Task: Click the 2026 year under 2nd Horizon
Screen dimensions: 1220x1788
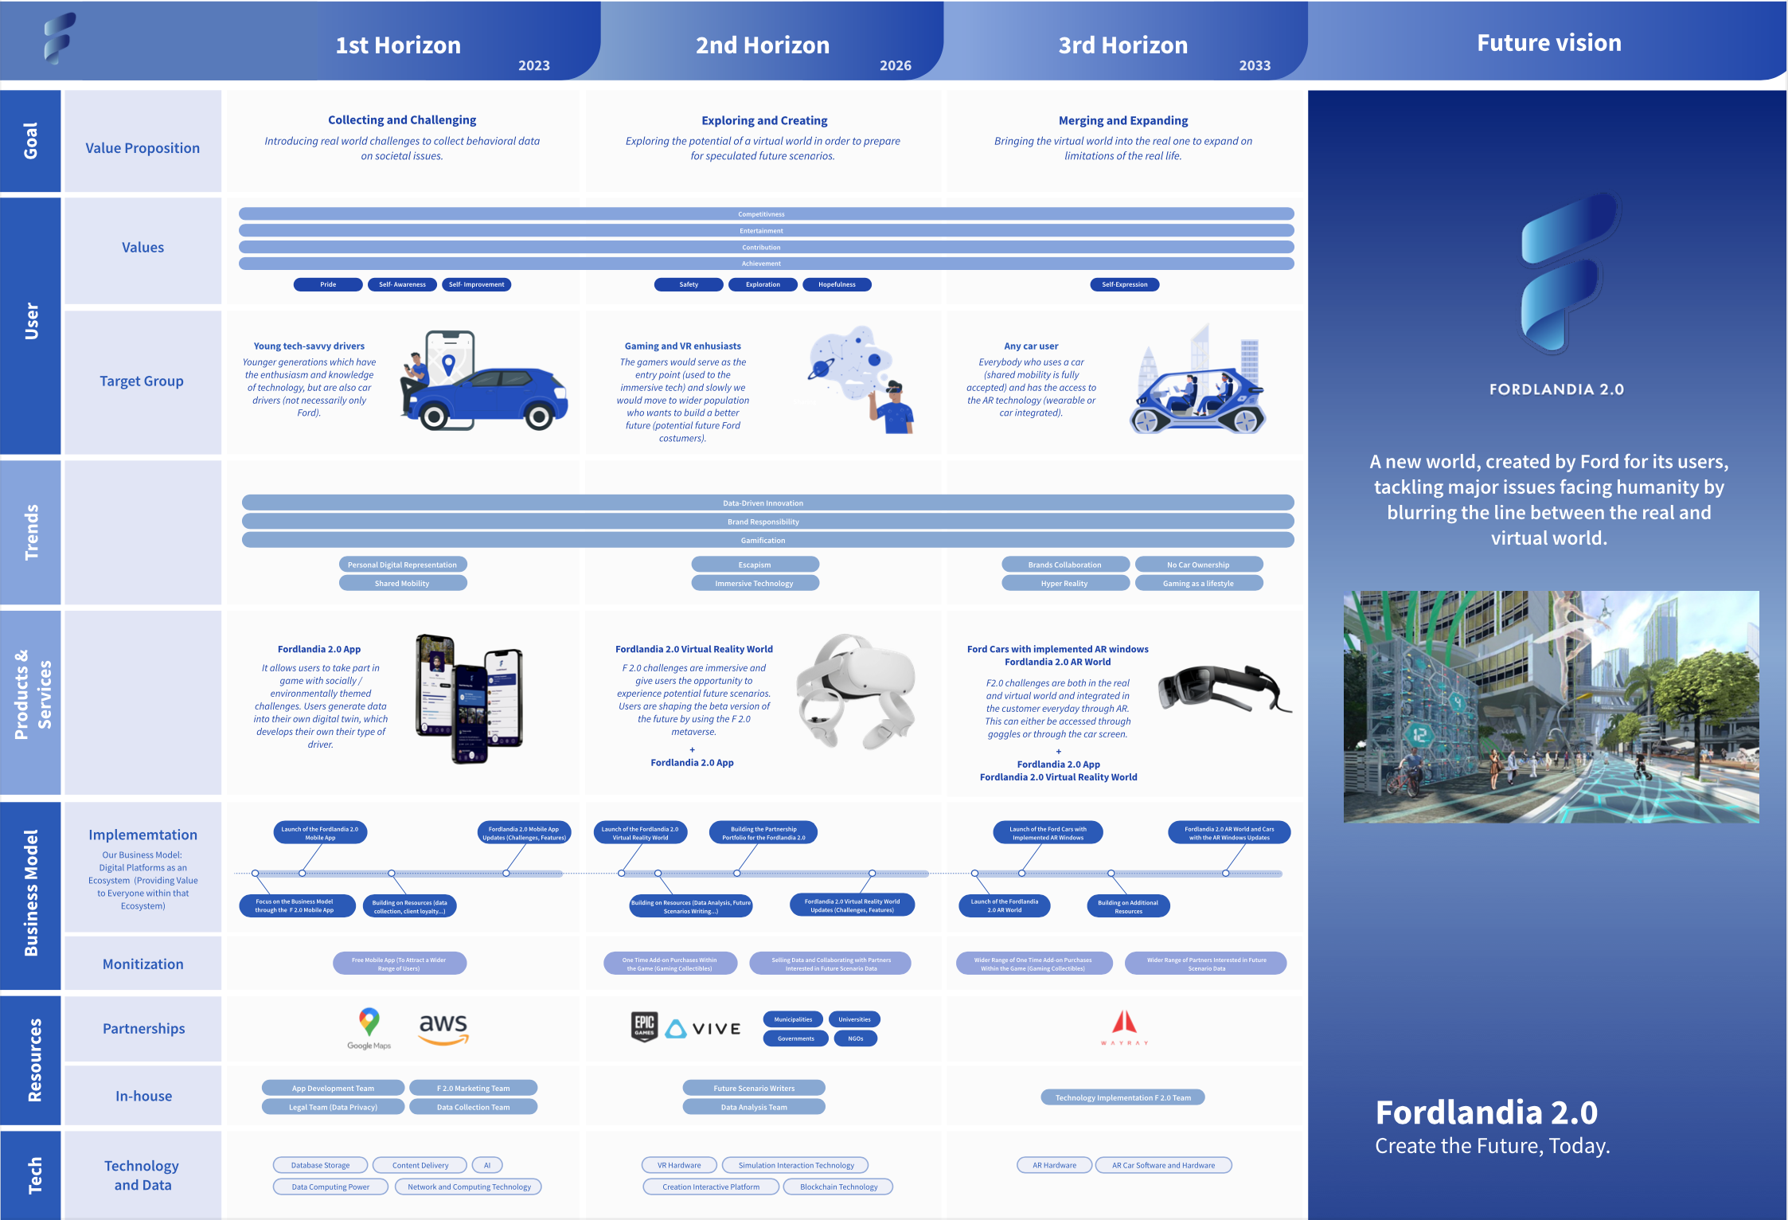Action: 895,65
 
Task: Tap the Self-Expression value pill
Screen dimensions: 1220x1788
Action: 1124,284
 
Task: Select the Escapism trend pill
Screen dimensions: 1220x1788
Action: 755,565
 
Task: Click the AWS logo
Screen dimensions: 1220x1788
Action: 443,1027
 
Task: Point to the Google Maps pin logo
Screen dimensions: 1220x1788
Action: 369,1022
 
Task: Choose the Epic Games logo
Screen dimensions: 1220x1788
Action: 644,1026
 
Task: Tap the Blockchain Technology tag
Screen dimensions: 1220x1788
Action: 838,1187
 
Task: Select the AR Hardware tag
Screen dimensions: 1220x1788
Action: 1054,1165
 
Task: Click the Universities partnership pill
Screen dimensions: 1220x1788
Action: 854,1019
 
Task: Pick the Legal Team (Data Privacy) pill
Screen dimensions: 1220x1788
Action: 333,1107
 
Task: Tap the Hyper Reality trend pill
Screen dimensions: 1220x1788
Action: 1064,584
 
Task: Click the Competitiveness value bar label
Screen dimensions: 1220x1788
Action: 761,214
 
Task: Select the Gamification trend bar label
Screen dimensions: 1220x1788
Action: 763,541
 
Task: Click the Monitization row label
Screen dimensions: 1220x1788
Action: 143,964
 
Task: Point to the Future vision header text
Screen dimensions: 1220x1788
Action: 1548,43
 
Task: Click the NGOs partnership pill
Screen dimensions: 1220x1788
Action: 856,1038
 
